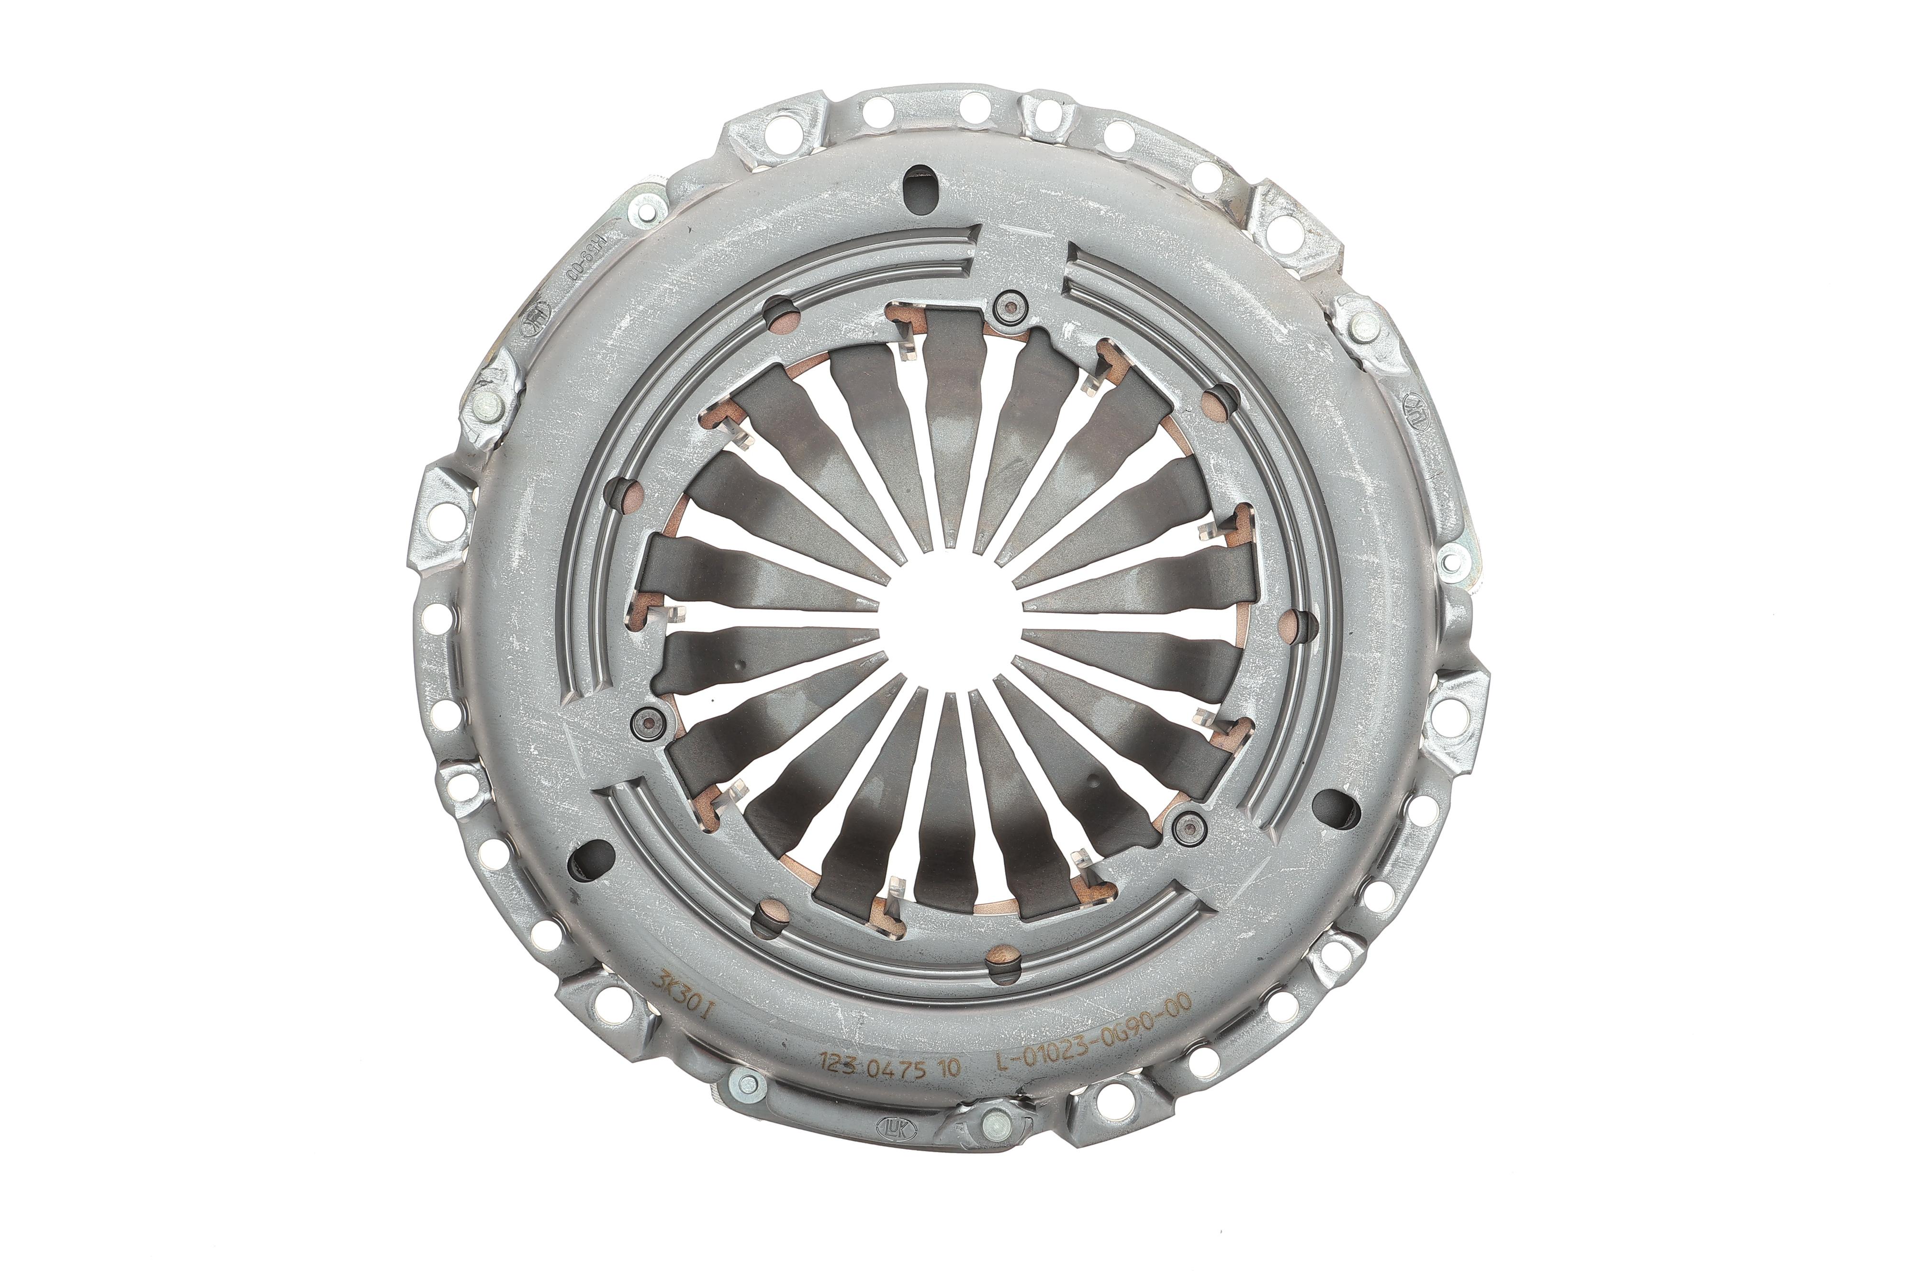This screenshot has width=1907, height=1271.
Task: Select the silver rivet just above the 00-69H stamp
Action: (x=642, y=215)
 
